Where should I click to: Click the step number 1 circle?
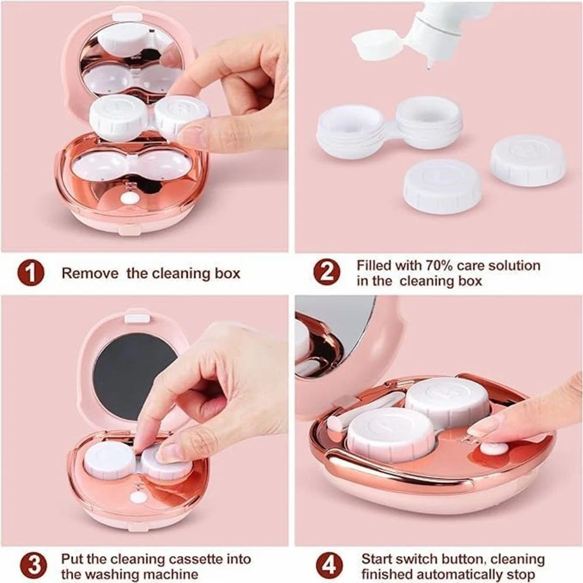click(31, 273)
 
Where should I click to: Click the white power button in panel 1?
click(130, 199)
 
